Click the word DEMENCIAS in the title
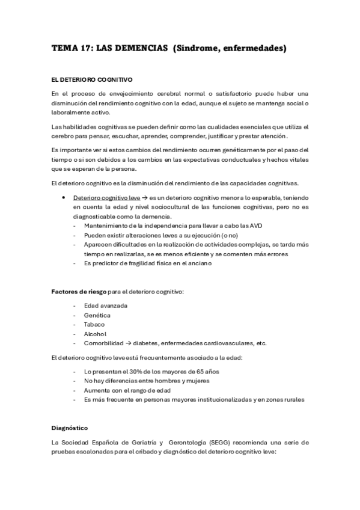point(140,48)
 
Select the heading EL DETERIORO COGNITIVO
point(92,79)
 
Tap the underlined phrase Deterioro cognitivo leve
point(106,197)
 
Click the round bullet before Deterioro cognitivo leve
point(64,197)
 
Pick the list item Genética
point(97,315)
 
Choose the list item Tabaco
point(94,324)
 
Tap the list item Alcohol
point(96,334)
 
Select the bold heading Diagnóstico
point(70,428)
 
